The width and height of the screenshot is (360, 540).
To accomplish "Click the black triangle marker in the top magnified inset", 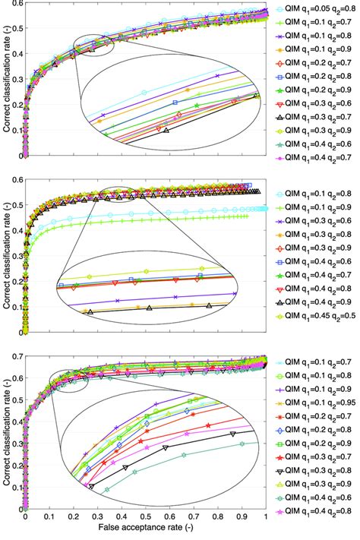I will pos(166,130).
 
